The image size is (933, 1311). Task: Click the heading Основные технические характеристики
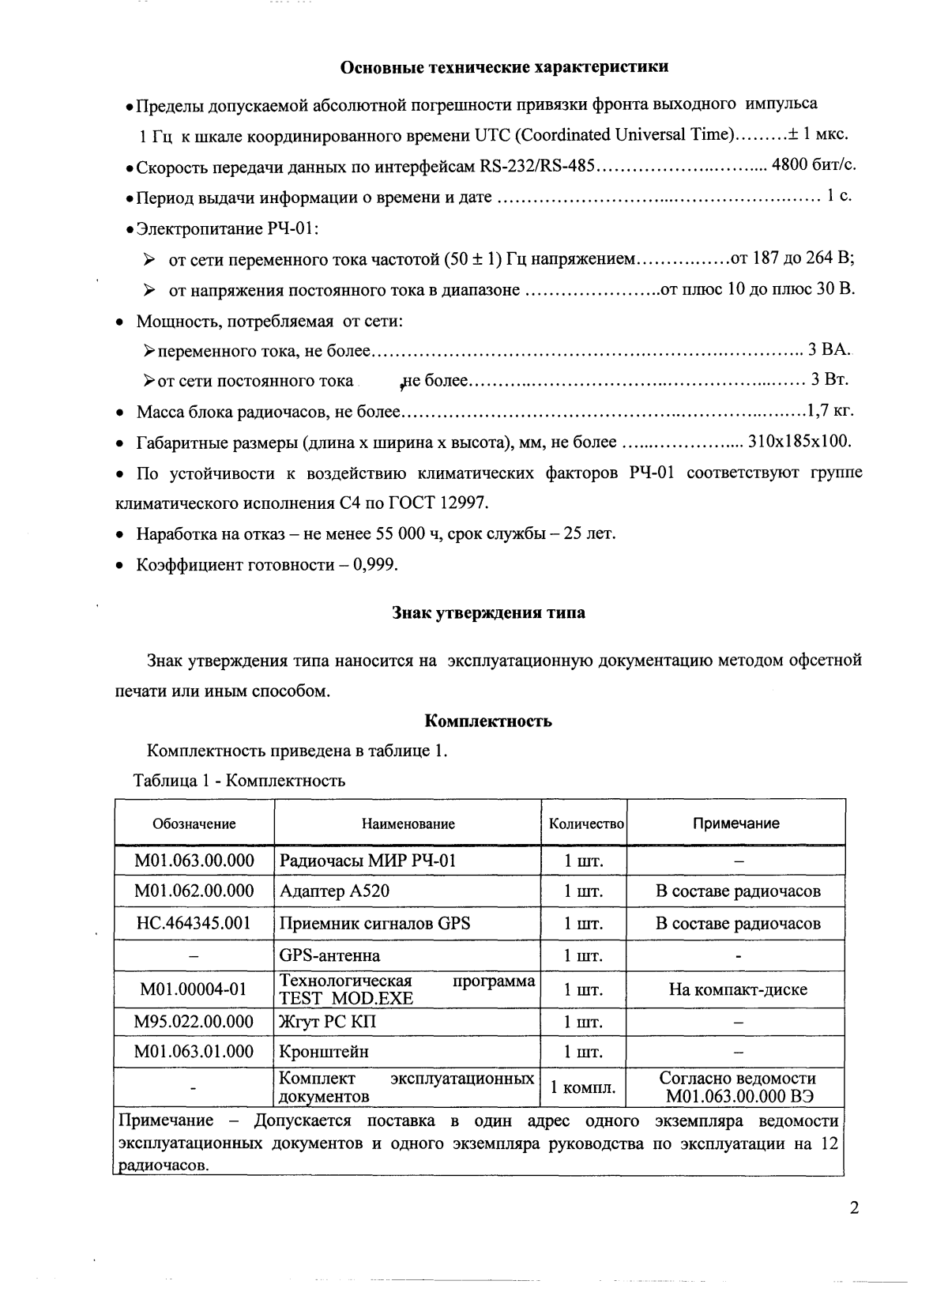pyautogui.click(x=504, y=66)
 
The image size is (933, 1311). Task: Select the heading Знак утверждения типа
pyautogui.click(x=488, y=612)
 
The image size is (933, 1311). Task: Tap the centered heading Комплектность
pyautogui.click(x=488, y=721)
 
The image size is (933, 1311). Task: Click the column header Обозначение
pyautogui.click(x=194, y=823)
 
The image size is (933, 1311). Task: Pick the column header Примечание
pyautogui.click(x=735, y=823)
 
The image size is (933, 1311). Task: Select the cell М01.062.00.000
pyautogui.click(x=194, y=891)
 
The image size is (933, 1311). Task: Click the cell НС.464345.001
pyautogui.click(x=194, y=923)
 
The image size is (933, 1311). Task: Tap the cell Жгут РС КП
pyautogui.click(x=328, y=1022)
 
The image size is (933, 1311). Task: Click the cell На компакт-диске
pyautogui.click(x=737, y=989)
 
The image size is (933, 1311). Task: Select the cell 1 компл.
pyautogui.click(x=583, y=1087)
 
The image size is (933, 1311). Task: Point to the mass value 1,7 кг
pyautogui.click(x=828, y=411)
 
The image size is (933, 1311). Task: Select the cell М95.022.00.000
pyautogui.click(x=194, y=1022)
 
